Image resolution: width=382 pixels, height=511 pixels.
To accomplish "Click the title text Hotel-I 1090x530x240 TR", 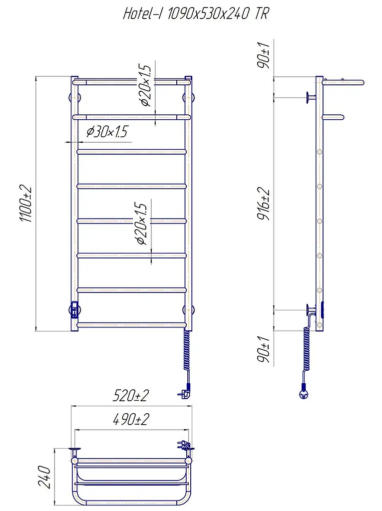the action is click(x=196, y=14).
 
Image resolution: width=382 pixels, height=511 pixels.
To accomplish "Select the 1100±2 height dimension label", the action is click(x=26, y=204).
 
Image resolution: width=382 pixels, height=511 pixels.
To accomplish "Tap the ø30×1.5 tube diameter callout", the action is click(x=107, y=132).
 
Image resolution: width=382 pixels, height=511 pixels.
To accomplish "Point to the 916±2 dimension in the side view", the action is click(x=264, y=204).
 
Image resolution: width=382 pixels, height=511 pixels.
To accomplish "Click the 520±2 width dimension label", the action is click(x=131, y=396).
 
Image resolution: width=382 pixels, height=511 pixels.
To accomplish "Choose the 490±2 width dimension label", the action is click(x=131, y=419).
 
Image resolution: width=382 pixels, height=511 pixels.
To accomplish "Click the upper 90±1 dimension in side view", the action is click(x=264, y=55).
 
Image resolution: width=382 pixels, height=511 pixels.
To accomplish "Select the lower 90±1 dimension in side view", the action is click(x=264, y=349).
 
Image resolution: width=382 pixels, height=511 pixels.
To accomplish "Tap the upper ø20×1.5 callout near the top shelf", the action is click(x=144, y=86).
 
